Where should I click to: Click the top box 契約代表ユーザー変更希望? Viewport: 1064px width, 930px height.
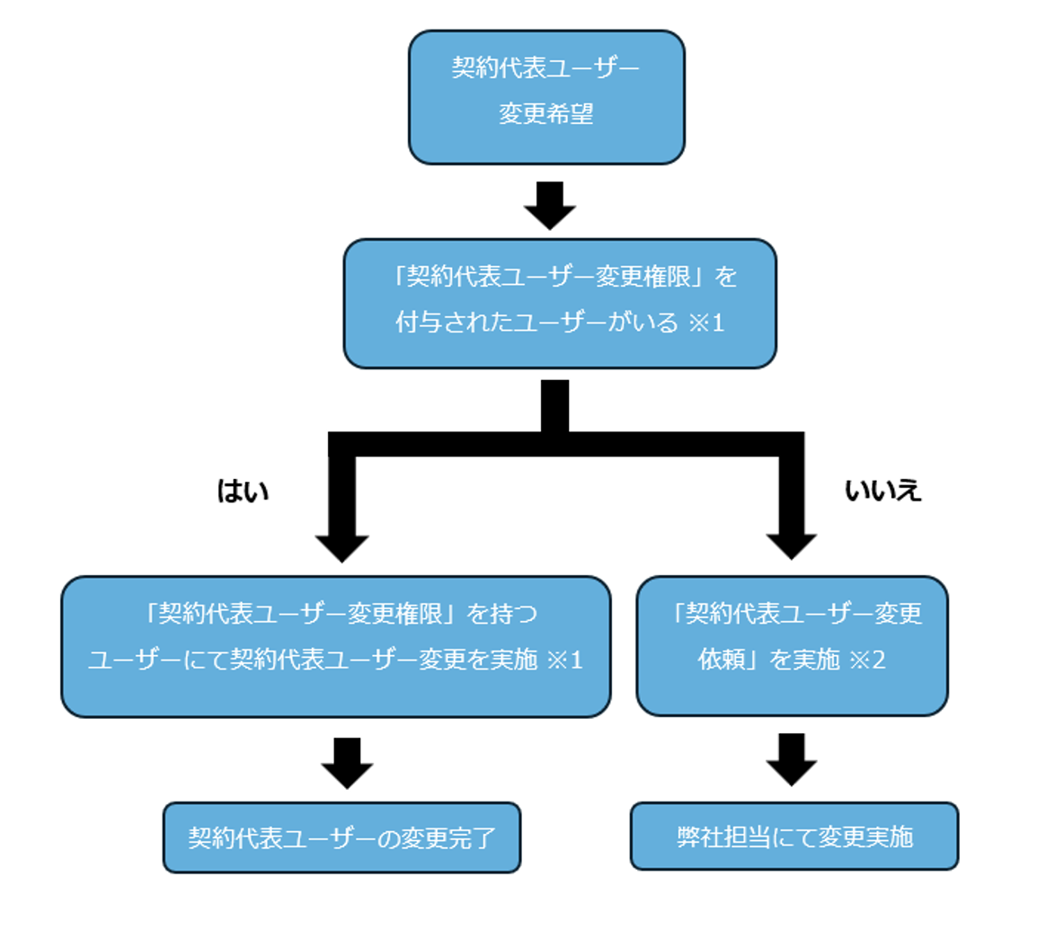click(546, 97)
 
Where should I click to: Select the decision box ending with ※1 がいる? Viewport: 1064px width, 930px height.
click(559, 303)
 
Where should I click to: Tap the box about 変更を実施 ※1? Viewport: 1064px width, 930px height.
click(335, 646)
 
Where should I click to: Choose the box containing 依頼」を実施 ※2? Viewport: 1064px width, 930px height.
click(792, 646)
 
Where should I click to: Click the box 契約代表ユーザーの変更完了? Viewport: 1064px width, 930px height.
click(341, 837)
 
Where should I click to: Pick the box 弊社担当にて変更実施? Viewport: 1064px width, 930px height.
click(794, 837)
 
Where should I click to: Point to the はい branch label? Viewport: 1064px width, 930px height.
click(243, 491)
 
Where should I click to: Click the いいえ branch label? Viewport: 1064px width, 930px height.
click(882, 491)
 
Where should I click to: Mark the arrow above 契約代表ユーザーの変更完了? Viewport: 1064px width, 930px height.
click(347, 763)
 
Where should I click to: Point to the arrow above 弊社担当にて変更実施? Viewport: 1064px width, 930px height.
click(791, 760)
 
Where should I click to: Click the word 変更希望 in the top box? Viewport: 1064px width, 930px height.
click(546, 114)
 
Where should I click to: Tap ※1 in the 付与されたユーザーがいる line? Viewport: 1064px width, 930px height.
click(706, 323)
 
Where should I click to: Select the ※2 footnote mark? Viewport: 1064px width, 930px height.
click(867, 660)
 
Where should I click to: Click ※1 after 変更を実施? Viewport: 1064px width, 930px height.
click(565, 660)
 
